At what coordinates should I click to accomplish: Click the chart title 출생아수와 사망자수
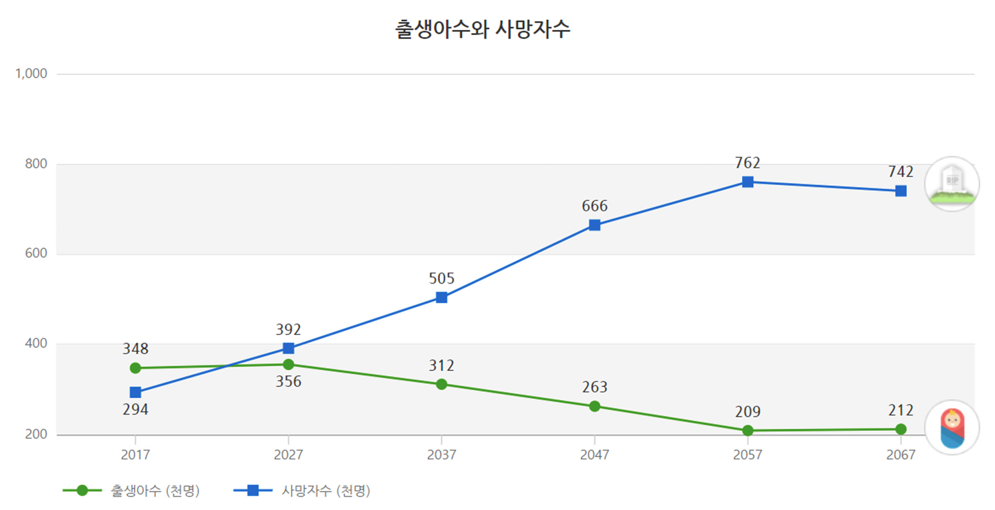(x=483, y=30)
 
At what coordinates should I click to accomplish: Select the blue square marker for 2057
(x=748, y=182)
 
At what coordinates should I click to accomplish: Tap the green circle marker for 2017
(x=135, y=368)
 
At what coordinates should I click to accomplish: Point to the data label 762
(x=748, y=163)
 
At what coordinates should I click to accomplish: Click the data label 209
(x=748, y=412)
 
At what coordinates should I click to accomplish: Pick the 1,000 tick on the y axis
(x=31, y=74)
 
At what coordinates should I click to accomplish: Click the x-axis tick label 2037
(x=441, y=455)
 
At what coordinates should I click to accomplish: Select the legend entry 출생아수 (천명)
(x=155, y=491)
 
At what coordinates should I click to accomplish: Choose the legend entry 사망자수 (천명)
(x=326, y=491)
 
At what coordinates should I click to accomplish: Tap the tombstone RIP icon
(x=952, y=184)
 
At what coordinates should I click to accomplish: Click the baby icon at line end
(x=952, y=428)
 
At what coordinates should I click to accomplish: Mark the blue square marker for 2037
(x=441, y=297)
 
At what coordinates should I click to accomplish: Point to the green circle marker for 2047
(x=594, y=406)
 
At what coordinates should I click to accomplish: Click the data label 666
(x=594, y=206)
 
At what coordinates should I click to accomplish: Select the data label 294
(x=135, y=410)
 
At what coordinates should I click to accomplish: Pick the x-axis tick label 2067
(x=900, y=455)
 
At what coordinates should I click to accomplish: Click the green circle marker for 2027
(x=289, y=364)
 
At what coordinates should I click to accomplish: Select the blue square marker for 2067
(x=900, y=191)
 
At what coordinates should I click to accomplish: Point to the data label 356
(x=289, y=382)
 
